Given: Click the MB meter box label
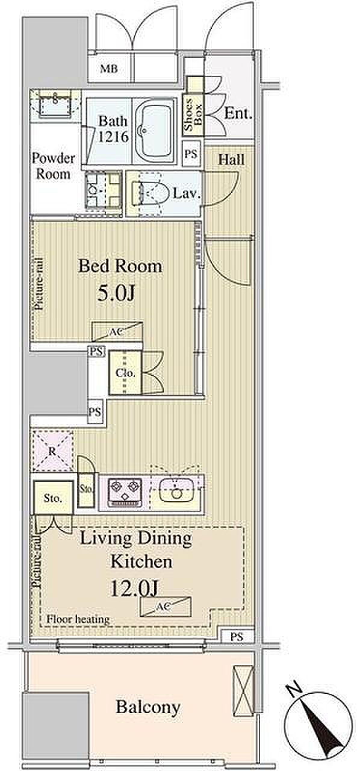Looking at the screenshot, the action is click(x=109, y=69).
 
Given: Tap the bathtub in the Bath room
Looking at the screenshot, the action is click(x=155, y=131).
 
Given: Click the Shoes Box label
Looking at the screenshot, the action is click(x=193, y=115).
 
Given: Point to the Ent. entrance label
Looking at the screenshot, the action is click(x=238, y=113).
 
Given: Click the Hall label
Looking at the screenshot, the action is click(x=232, y=160).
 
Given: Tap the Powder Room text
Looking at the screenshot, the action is click(x=54, y=166).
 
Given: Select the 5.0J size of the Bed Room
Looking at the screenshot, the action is click(x=116, y=293).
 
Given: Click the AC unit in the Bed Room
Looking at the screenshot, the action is click(x=117, y=331).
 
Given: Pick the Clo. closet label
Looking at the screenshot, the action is click(x=125, y=373).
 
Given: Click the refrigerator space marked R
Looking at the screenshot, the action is click(x=52, y=451).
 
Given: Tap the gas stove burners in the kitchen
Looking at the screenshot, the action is click(x=125, y=492).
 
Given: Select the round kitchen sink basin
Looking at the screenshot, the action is click(x=176, y=493).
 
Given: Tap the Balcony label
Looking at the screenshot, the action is click(x=148, y=705).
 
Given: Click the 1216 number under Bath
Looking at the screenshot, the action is click(x=114, y=137).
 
